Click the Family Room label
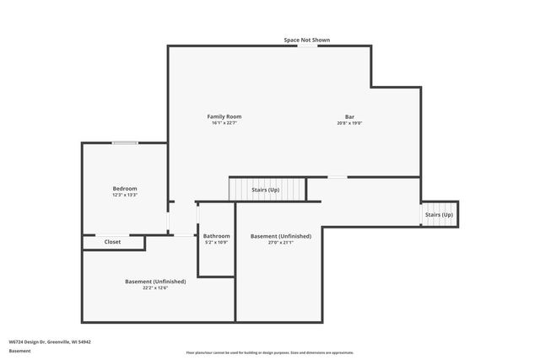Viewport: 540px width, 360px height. [x=224, y=116]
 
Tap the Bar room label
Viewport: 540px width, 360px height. [x=349, y=116]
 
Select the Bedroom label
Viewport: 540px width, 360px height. [x=125, y=188]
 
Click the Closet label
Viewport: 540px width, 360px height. [x=112, y=242]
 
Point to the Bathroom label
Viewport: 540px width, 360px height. [x=217, y=236]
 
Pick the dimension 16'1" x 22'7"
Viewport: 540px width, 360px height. [x=224, y=123]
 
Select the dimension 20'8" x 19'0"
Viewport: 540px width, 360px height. [x=349, y=123]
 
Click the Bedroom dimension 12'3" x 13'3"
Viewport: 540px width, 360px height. [x=125, y=195]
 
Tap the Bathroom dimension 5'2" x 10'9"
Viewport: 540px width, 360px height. [x=217, y=243]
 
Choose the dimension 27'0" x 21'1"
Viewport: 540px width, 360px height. [x=281, y=243]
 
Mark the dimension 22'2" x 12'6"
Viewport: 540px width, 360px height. [x=155, y=288]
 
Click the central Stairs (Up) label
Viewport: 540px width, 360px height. [x=266, y=191]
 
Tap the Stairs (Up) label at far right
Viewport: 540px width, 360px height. [x=439, y=215]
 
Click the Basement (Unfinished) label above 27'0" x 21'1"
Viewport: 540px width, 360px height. [x=281, y=236]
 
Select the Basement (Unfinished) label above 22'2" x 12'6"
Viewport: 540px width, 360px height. [x=155, y=282]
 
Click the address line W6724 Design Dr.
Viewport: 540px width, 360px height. [x=50, y=341]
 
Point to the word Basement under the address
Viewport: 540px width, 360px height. [x=19, y=351]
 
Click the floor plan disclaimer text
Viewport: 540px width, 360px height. [x=270, y=352]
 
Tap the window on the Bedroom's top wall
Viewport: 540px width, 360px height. [x=125, y=142]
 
